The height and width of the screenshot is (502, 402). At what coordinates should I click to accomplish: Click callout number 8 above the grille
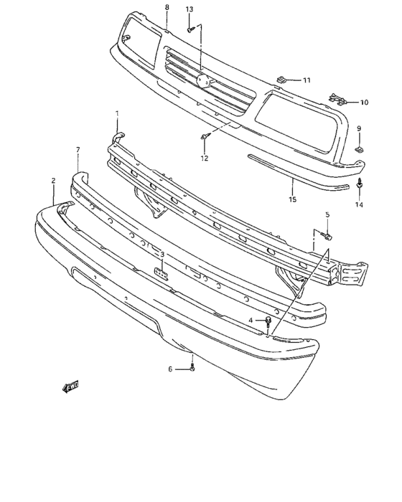coord(167,7)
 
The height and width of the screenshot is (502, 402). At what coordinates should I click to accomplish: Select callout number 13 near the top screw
coord(190,9)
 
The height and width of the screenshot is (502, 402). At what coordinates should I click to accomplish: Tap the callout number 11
coord(307,80)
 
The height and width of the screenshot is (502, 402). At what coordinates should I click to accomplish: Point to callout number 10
coord(363,103)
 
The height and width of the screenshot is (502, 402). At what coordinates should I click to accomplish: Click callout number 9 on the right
coord(359,128)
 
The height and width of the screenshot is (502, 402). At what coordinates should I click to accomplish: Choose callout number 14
coord(359,204)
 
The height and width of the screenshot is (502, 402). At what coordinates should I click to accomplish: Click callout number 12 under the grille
coord(204,158)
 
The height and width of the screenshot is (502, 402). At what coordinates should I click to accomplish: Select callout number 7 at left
coord(78,149)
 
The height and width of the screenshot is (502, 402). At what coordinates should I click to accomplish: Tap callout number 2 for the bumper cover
coord(53,182)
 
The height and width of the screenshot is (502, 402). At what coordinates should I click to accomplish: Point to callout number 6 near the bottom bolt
coord(171,369)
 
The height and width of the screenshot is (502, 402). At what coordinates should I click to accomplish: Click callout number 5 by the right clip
coord(327,214)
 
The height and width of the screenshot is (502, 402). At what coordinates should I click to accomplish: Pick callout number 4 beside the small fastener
coord(251,320)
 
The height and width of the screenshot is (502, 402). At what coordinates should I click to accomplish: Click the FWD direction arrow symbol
coord(70,387)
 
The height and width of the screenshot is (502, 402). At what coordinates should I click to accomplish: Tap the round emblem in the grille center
coord(203,82)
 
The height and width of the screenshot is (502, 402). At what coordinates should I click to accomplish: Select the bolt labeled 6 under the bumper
coord(193,369)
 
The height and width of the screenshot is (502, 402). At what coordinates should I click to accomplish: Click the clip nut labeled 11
coord(283,80)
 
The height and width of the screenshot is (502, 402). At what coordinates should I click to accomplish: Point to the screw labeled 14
coord(359,185)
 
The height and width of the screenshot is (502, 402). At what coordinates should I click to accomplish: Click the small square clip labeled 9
coord(359,150)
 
